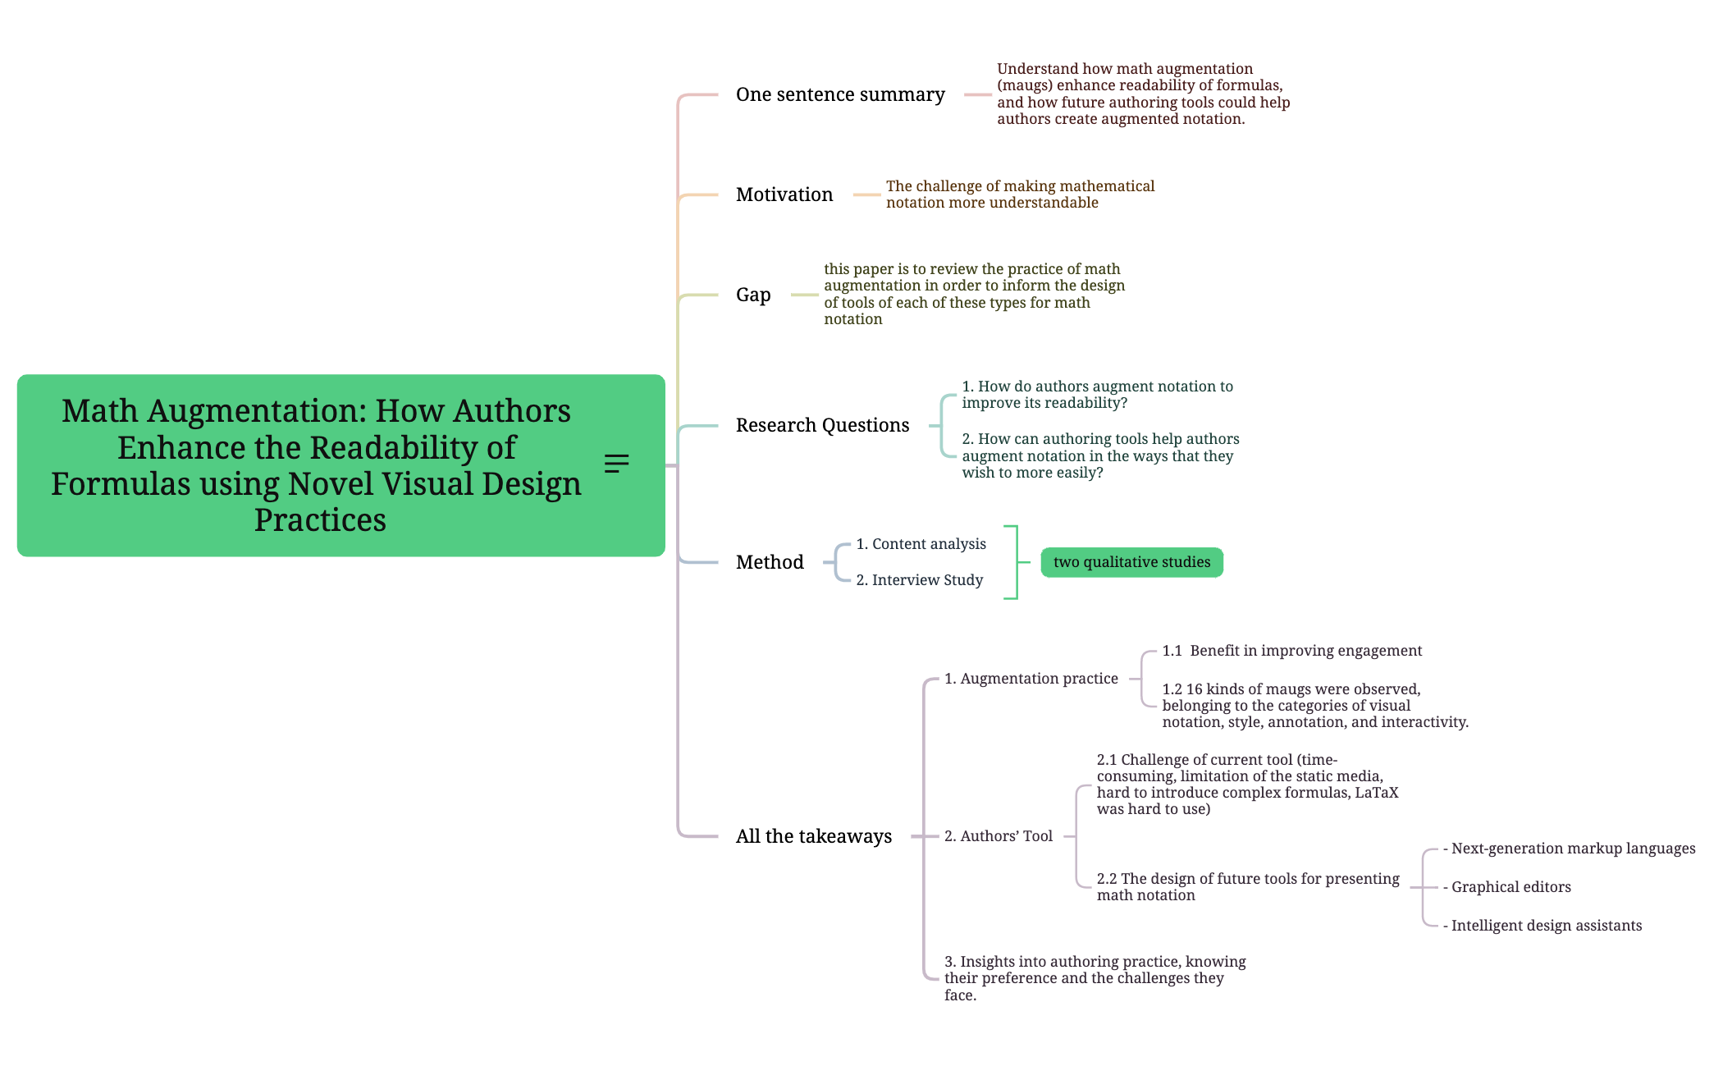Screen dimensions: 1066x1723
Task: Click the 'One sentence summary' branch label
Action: point(840,95)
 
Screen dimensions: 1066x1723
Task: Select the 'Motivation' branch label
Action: point(784,195)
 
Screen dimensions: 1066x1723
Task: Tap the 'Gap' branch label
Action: point(753,295)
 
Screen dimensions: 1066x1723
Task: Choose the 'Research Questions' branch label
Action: point(822,426)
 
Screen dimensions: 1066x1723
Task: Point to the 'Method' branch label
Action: point(770,563)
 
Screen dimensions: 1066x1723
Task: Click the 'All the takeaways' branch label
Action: point(814,837)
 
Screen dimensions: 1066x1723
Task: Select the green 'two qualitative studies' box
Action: point(1131,563)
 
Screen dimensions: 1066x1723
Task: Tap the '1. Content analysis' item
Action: point(921,545)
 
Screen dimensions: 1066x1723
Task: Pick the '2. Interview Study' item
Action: point(919,581)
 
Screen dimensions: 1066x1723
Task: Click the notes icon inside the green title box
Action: point(617,464)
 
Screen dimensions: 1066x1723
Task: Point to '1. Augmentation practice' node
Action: point(1031,679)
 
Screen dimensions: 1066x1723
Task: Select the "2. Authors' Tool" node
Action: point(998,837)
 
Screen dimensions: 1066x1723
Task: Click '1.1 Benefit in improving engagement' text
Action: point(1291,652)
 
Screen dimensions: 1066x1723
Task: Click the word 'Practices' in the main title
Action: point(320,521)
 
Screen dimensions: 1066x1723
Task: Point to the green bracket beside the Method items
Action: point(1016,563)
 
